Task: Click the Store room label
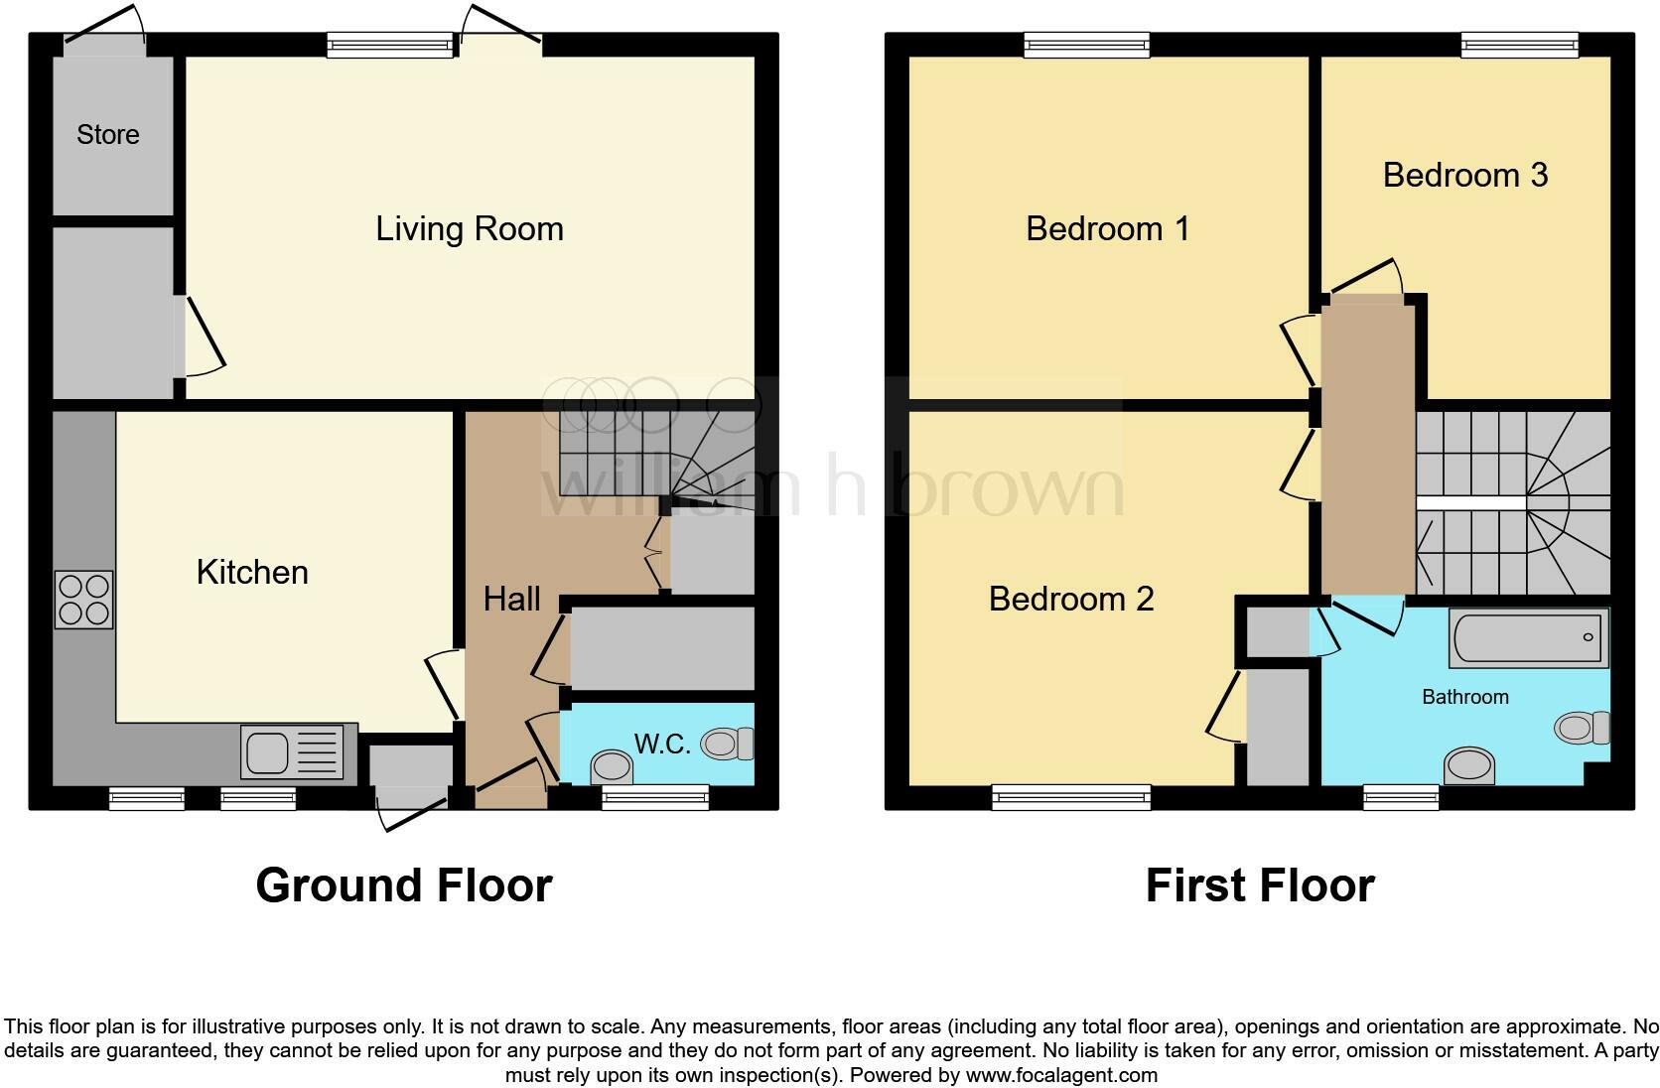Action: click(107, 135)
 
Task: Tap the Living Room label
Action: click(469, 229)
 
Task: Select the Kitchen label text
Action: click(252, 573)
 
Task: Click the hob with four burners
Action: click(84, 601)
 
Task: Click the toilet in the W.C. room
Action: click(728, 744)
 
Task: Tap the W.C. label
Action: click(662, 745)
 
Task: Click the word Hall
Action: click(511, 599)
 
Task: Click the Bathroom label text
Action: click(1464, 697)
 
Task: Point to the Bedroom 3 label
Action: click(1464, 176)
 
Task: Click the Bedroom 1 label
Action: click(1107, 229)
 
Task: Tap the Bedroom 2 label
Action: click(1071, 600)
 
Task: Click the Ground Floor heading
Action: click(403, 885)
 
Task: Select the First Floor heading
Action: click(1259, 885)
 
